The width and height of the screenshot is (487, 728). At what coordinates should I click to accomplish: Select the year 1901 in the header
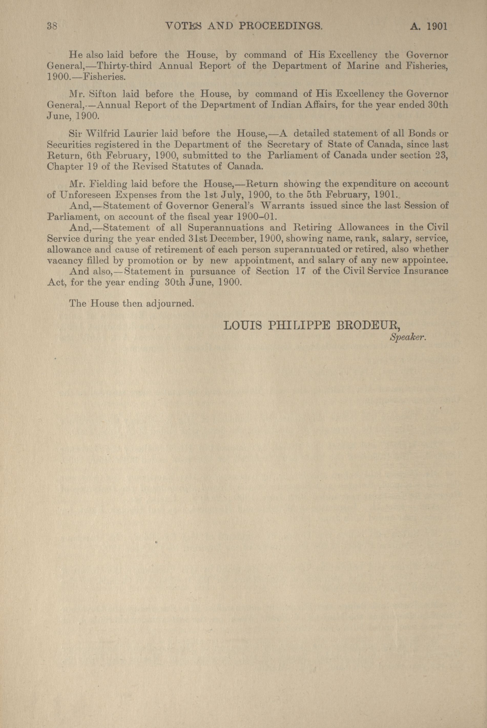coord(437,26)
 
